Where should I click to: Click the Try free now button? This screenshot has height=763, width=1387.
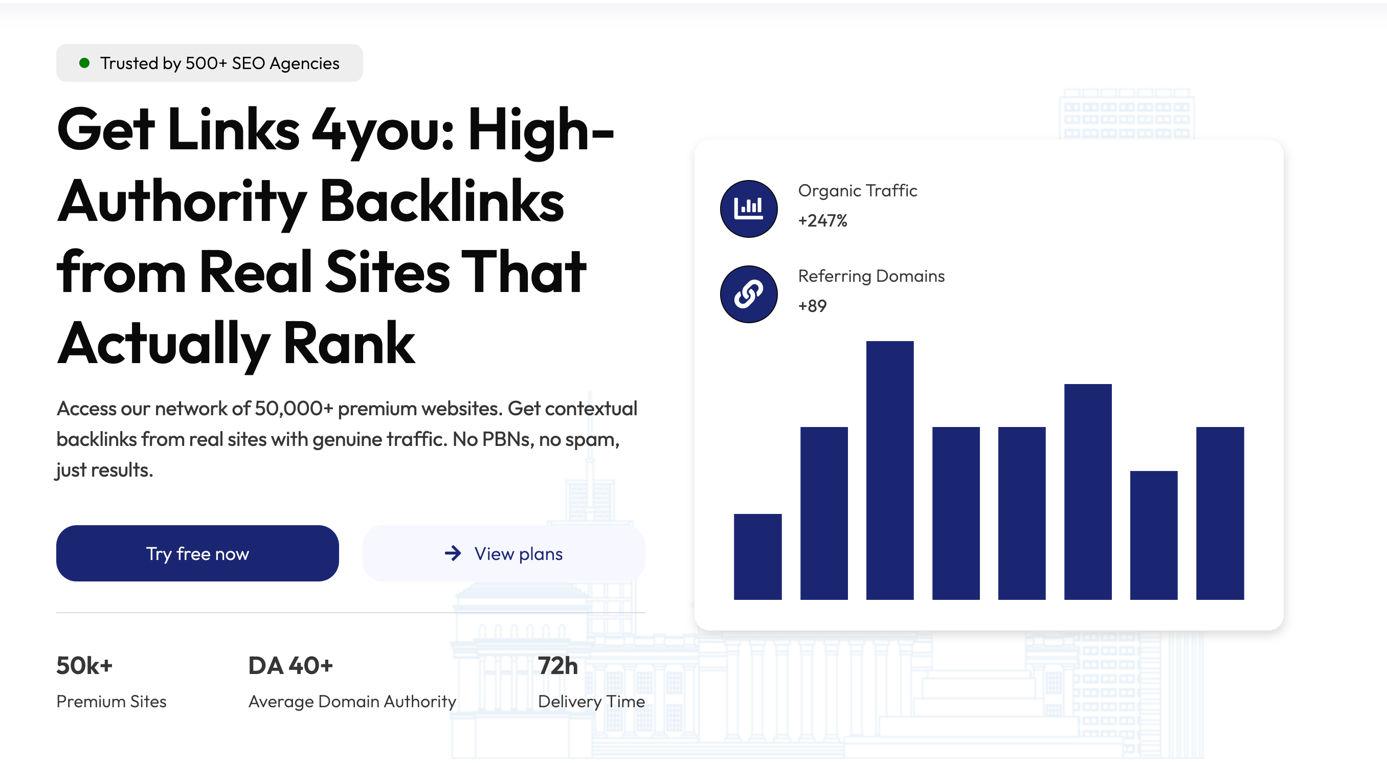pos(197,553)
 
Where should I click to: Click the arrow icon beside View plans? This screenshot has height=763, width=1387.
pos(453,553)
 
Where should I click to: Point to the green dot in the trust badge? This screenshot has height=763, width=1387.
pos(84,63)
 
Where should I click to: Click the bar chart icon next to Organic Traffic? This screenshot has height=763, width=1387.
pos(748,208)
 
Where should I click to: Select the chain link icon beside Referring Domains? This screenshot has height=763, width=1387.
pos(748,294)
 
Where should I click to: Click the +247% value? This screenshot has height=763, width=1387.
pos(822,221)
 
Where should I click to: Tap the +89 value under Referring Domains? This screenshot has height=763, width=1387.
pos(812,306)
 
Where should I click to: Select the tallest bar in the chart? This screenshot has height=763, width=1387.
pos(889,469)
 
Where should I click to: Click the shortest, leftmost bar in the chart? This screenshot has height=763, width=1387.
pos(757,556)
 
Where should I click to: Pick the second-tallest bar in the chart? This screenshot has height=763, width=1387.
pos(1088,491)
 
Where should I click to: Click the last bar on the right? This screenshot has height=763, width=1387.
pos(1220,512)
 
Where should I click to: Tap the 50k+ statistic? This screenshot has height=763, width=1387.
pos(84,665)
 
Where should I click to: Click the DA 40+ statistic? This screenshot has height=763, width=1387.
pos(290,665)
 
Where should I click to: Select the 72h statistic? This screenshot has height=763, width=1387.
pos(558,665)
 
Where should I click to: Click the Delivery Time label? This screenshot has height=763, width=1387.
pos(591,701)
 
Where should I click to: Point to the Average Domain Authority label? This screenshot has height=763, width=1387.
pos(352,701)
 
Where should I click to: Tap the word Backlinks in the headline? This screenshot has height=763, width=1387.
pos(441,201)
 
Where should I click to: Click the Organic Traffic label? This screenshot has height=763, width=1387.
pos(857,191)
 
